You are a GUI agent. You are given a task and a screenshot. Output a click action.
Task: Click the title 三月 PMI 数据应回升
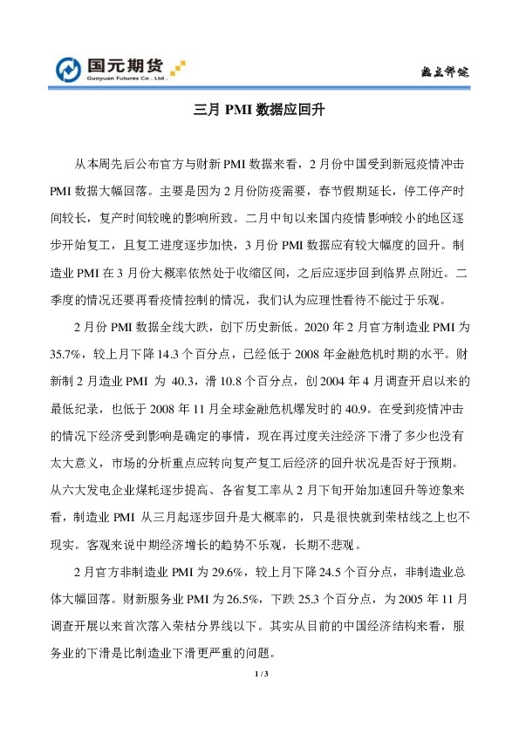click(260, 112)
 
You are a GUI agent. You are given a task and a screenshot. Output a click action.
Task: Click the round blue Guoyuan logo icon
click(69, 68)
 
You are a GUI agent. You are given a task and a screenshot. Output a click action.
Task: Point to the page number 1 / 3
click(260, 675)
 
